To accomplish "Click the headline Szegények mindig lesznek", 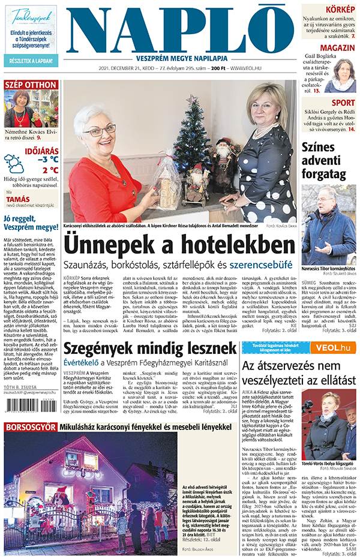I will pyautogui.click(x=149, y=348).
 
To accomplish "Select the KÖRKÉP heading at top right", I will pyautogui.click(x=340, y=10).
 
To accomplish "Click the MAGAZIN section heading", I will pyautogui.click(x=337, y=48).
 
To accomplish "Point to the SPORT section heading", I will pyautogui.click(x=343, y=103).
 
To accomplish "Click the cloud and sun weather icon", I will pyautogui.click(x=14, y=163).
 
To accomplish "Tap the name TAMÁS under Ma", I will pyautogui.click(x=18, y=200).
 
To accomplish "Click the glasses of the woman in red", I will pyautogui.click(x=99, y=130).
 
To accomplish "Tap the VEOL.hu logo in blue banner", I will pyautogui.click(x=335, y=347).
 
